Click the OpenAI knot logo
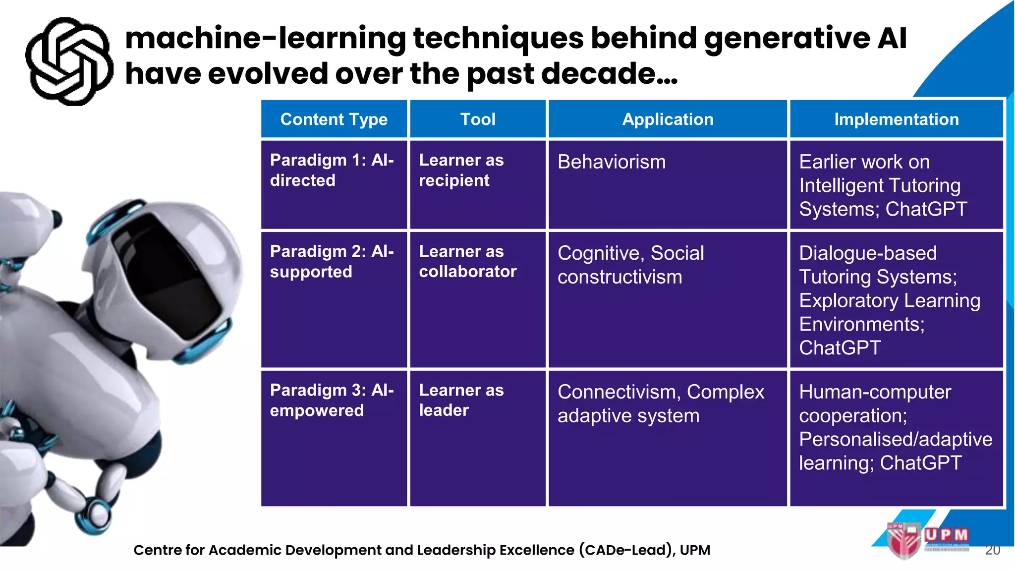(x=69, y=61)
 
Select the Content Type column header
(x=334, y=119)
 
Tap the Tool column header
(x=478, y=119)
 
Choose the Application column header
(x=668, y=119)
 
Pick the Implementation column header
(x=896, y=119)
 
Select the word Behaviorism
(x=612, y=162)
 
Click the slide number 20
(x=992, y=550)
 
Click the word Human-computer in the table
(x=875, y=392)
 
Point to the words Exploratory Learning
(x=890, y=301)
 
